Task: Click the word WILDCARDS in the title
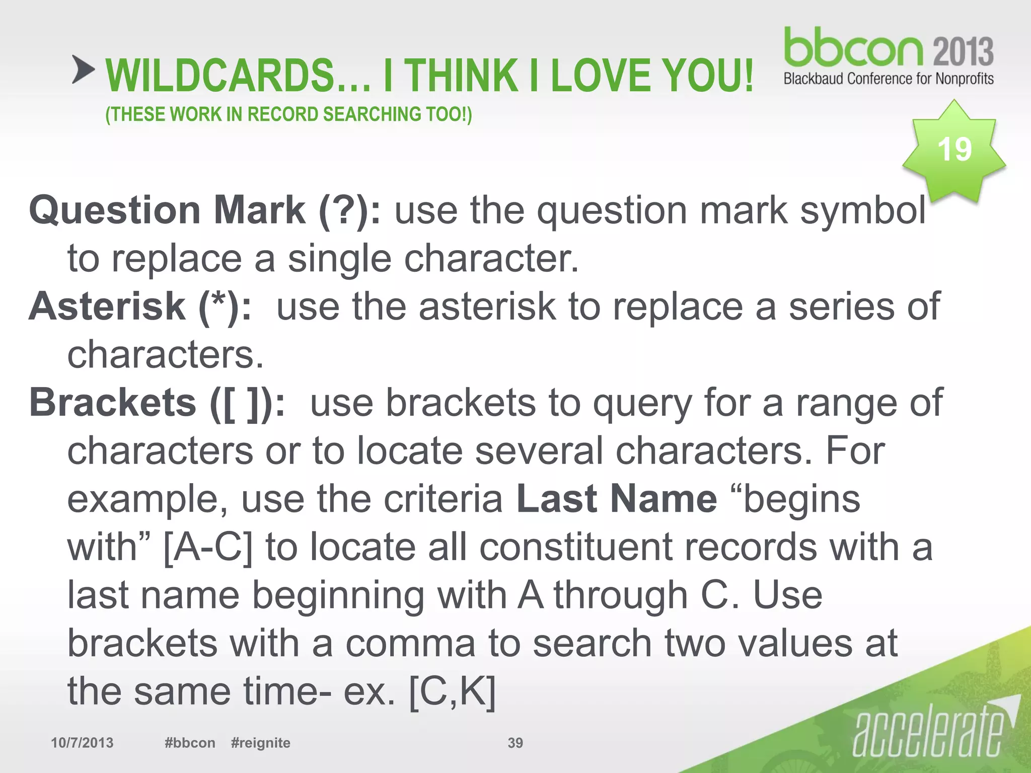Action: pos(220,75)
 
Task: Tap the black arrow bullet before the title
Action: pos(83,69)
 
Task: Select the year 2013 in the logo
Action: pos(963,51)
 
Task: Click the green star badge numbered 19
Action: pos(953,150)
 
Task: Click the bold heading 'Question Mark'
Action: pos(167,210)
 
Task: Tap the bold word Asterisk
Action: pos(107,306)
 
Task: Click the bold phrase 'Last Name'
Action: pos(617,499)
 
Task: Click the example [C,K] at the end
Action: pos(452,692)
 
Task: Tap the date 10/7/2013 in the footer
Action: pos(82,743)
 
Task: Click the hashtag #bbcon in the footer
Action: pos(190,743)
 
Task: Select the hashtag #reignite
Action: pos(260,743)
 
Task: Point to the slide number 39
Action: pos(515,743)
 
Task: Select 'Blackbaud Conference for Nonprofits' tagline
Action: pos(889,79)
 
